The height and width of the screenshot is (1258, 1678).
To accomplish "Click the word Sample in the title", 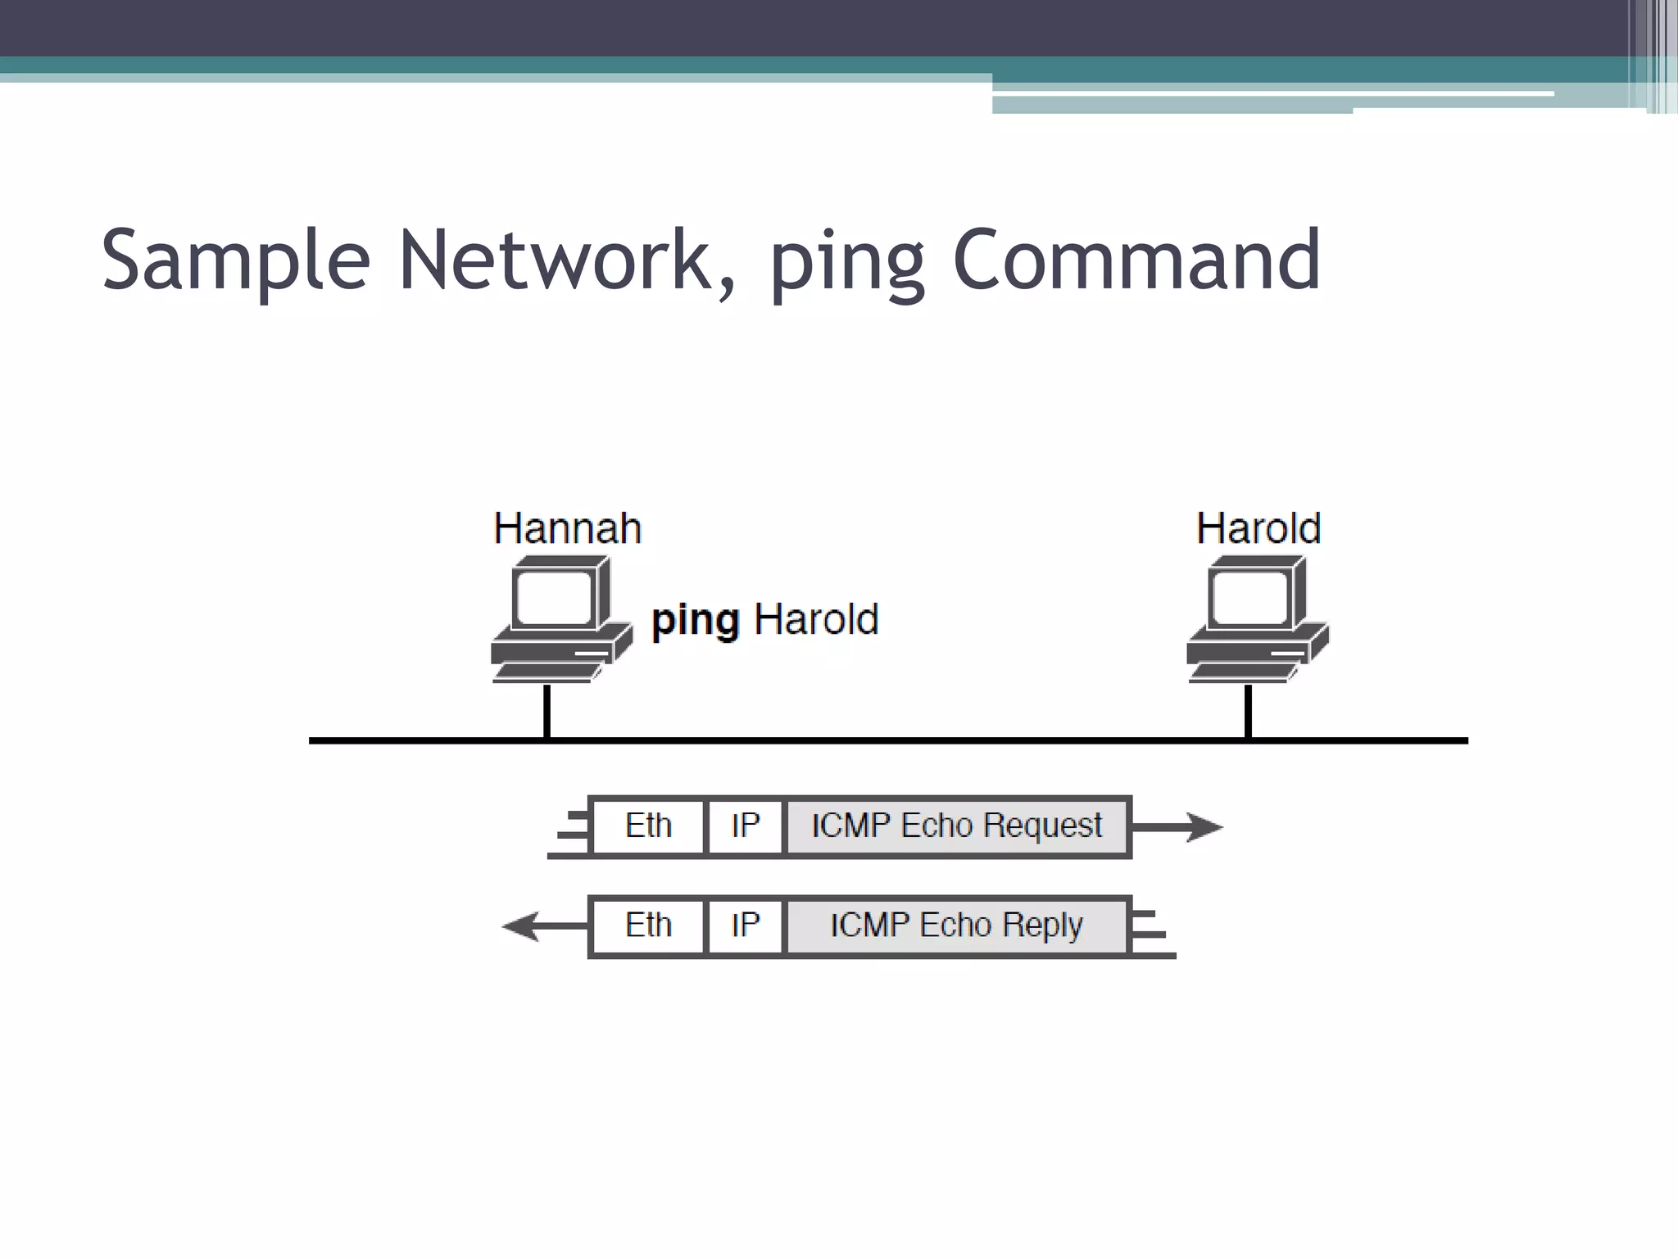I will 236,260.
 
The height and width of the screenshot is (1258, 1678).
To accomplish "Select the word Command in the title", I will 1136,260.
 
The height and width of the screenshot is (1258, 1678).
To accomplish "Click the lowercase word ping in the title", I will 847,266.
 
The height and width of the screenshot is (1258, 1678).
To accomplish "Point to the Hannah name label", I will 567,528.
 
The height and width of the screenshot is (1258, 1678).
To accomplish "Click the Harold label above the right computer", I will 1258,528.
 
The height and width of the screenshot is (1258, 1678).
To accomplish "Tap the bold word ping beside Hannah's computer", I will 696,621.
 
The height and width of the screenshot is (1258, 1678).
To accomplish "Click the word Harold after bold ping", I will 816,619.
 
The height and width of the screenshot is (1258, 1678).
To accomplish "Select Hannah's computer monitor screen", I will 553,598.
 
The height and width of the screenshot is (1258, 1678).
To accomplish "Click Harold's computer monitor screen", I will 1249,598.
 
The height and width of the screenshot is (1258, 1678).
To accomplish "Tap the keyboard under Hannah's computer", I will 547,672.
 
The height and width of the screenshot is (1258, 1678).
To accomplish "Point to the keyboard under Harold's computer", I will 1243,672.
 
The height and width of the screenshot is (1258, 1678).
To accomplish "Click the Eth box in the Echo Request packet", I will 648,826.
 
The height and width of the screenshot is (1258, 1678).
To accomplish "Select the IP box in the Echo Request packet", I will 745,826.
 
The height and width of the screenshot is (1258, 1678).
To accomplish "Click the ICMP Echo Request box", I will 956,826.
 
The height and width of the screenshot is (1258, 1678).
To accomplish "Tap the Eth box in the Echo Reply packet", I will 648,926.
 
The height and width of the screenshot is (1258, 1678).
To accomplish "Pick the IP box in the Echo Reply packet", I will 745,926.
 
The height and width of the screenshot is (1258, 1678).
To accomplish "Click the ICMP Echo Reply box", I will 956,926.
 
